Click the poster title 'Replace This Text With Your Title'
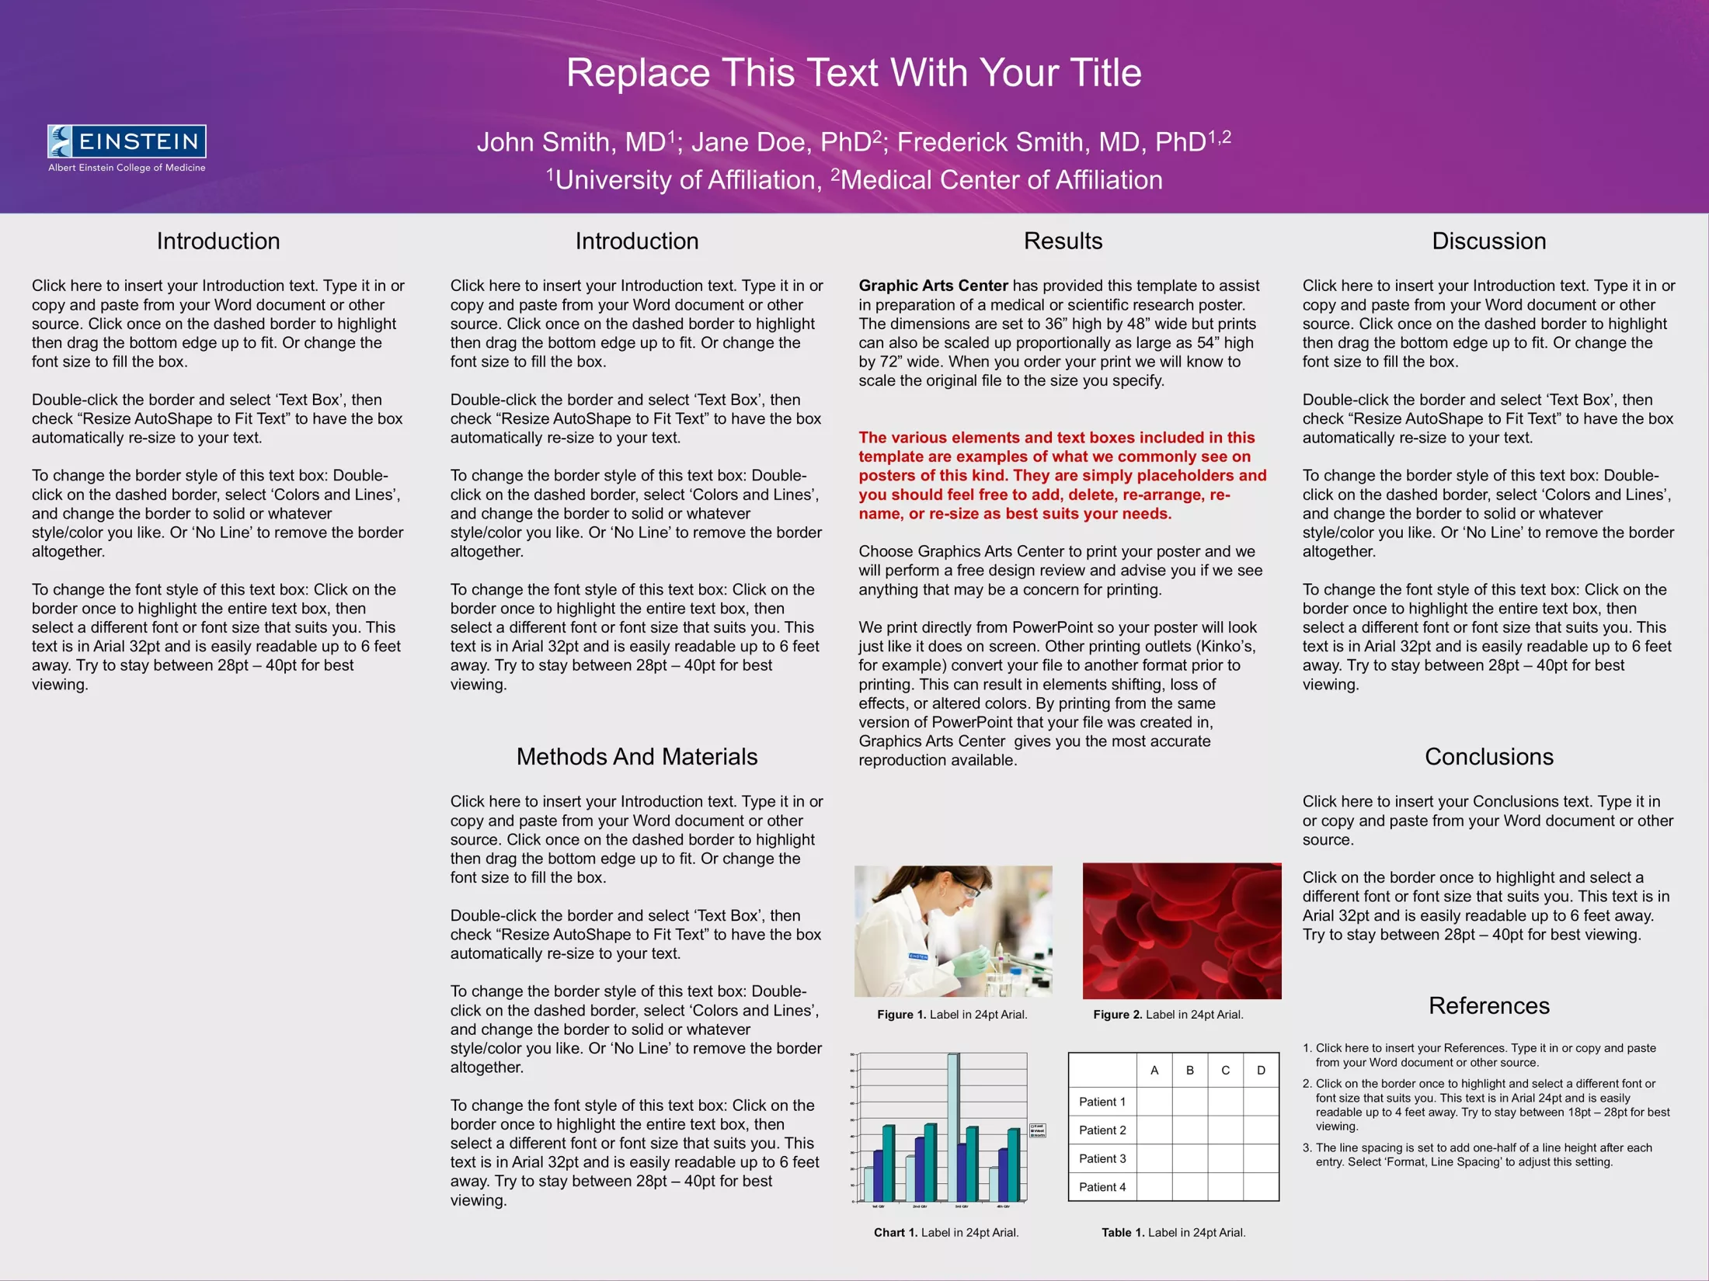tap(854, 73)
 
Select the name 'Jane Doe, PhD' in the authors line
tap(781, 142)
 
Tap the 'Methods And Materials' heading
tap(636, 756)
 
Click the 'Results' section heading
tap(1063, 241)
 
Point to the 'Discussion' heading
tap(1488, 241)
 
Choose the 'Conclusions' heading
tap(1488, 756)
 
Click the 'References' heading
tap(1488, 1005)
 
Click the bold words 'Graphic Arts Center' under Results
tap(933, 286)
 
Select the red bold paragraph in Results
tap(1061, 475)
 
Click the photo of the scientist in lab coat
tap(953, 931)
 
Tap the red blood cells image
tap(1182, 931)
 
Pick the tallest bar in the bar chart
tap(952, 1126)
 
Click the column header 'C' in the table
tap(1225, 1071)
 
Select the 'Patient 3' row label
tap(1102, 1158)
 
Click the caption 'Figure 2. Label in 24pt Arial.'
tap(1168, 1015)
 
